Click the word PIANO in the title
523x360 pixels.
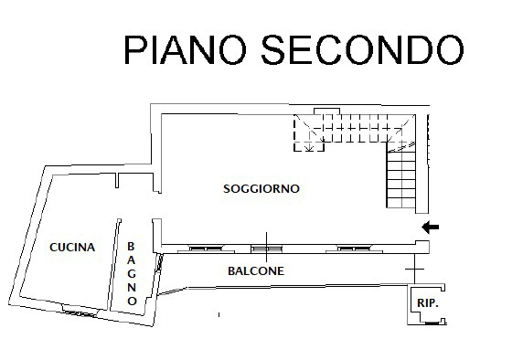point(182,50)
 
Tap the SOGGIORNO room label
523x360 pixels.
point(261,189)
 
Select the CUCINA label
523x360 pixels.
point(72,247)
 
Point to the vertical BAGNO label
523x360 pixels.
point(132,273)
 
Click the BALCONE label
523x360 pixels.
point(255,271)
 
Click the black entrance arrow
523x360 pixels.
point(430,227)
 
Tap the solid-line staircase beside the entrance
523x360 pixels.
point(402,179)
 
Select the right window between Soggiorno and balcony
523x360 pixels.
point(354,248)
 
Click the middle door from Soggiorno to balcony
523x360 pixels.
point(265,247)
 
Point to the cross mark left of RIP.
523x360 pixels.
point(415,271)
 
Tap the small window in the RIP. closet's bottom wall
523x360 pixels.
point(428,322)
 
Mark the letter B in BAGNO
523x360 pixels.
point(132,246)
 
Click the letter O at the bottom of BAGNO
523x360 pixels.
point(132,300)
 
